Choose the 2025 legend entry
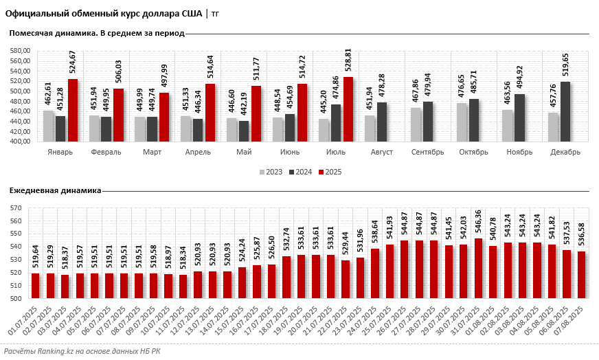328,172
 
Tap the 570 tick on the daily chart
17,207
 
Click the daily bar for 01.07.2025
35,286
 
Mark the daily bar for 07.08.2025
582,275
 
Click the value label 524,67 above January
72,63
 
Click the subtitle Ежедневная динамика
54,190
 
